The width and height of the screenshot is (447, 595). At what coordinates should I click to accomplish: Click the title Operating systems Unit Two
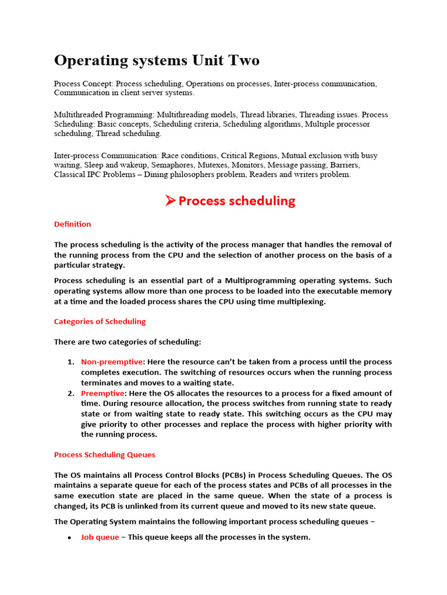(157, 60)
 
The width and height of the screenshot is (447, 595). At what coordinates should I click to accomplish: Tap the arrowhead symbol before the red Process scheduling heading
(169, 201)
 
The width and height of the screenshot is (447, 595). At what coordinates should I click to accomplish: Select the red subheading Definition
(72, 224)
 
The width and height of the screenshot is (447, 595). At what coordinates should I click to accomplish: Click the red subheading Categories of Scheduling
(100, 321)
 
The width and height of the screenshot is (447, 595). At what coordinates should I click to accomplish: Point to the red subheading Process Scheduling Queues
(105, 454)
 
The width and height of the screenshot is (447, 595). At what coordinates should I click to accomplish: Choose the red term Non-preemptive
(111, 362)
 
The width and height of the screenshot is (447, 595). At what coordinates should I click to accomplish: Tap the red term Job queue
(100, 537)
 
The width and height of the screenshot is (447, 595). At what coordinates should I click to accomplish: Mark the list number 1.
(70, 362)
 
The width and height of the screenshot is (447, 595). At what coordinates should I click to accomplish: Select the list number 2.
(70, 393)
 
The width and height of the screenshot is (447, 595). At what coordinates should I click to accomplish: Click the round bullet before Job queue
(69, 538)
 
